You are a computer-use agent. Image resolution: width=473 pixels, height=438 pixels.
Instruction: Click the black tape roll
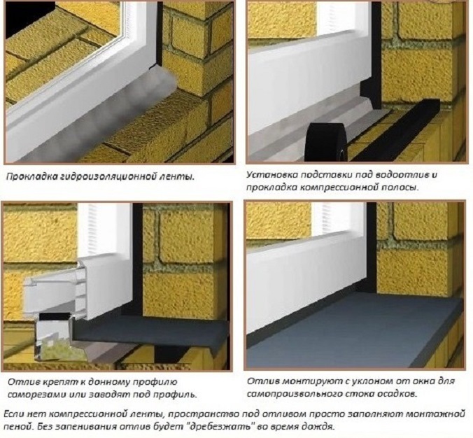tap(327, 141)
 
